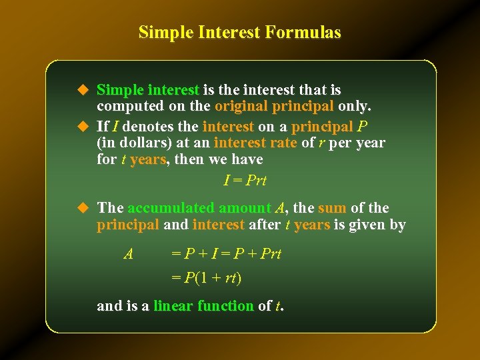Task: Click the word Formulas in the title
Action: pos(305,32)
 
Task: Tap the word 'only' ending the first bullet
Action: pos(353,106)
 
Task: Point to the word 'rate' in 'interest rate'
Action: pos(281,143)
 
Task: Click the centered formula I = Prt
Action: pos(245,180)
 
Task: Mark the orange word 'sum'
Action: pos(332,208)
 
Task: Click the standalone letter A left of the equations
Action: pos(129,253)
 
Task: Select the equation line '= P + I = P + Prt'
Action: pos(226,254)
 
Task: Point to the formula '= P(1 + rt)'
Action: pos(206,277)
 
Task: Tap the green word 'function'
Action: pos(229,306)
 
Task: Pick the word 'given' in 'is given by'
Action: pos(366,225)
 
